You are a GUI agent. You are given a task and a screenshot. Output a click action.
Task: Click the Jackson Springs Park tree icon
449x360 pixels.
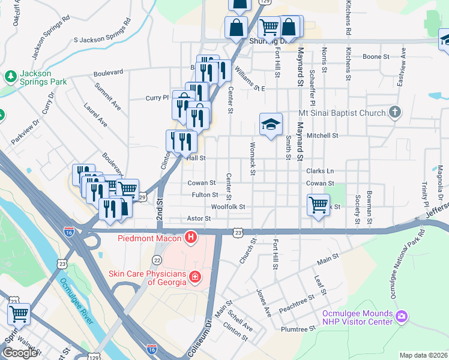pyautogui.click(x=10, y=76)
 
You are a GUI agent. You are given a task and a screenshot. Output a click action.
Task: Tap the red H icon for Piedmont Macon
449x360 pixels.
pyautogui.click(x=191, y=238)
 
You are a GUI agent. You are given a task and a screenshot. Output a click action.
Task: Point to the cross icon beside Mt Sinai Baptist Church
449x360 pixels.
pyautogui.click(x=394, y=112)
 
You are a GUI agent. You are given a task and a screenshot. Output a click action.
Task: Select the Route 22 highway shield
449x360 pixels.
pyautogui.click(x=157, y=259)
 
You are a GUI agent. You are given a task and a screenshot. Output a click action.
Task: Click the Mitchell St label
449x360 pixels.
pyautogui.click(x=323, y=136)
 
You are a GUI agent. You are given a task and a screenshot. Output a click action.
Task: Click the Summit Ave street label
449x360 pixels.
pyautogui.click(x=107, y=97)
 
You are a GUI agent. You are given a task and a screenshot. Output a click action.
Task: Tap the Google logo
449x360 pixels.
pyautogui.click(x=20, y=353)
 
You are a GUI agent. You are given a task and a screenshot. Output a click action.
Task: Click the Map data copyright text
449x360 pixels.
pyautogui.click(x=423, y=355)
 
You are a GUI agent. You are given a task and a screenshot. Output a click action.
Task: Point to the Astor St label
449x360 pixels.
pyautogui.click(x=199, y=219)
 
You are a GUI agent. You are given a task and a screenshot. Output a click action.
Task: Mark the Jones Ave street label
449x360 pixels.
pyautogui.click(x=264, y=304)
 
